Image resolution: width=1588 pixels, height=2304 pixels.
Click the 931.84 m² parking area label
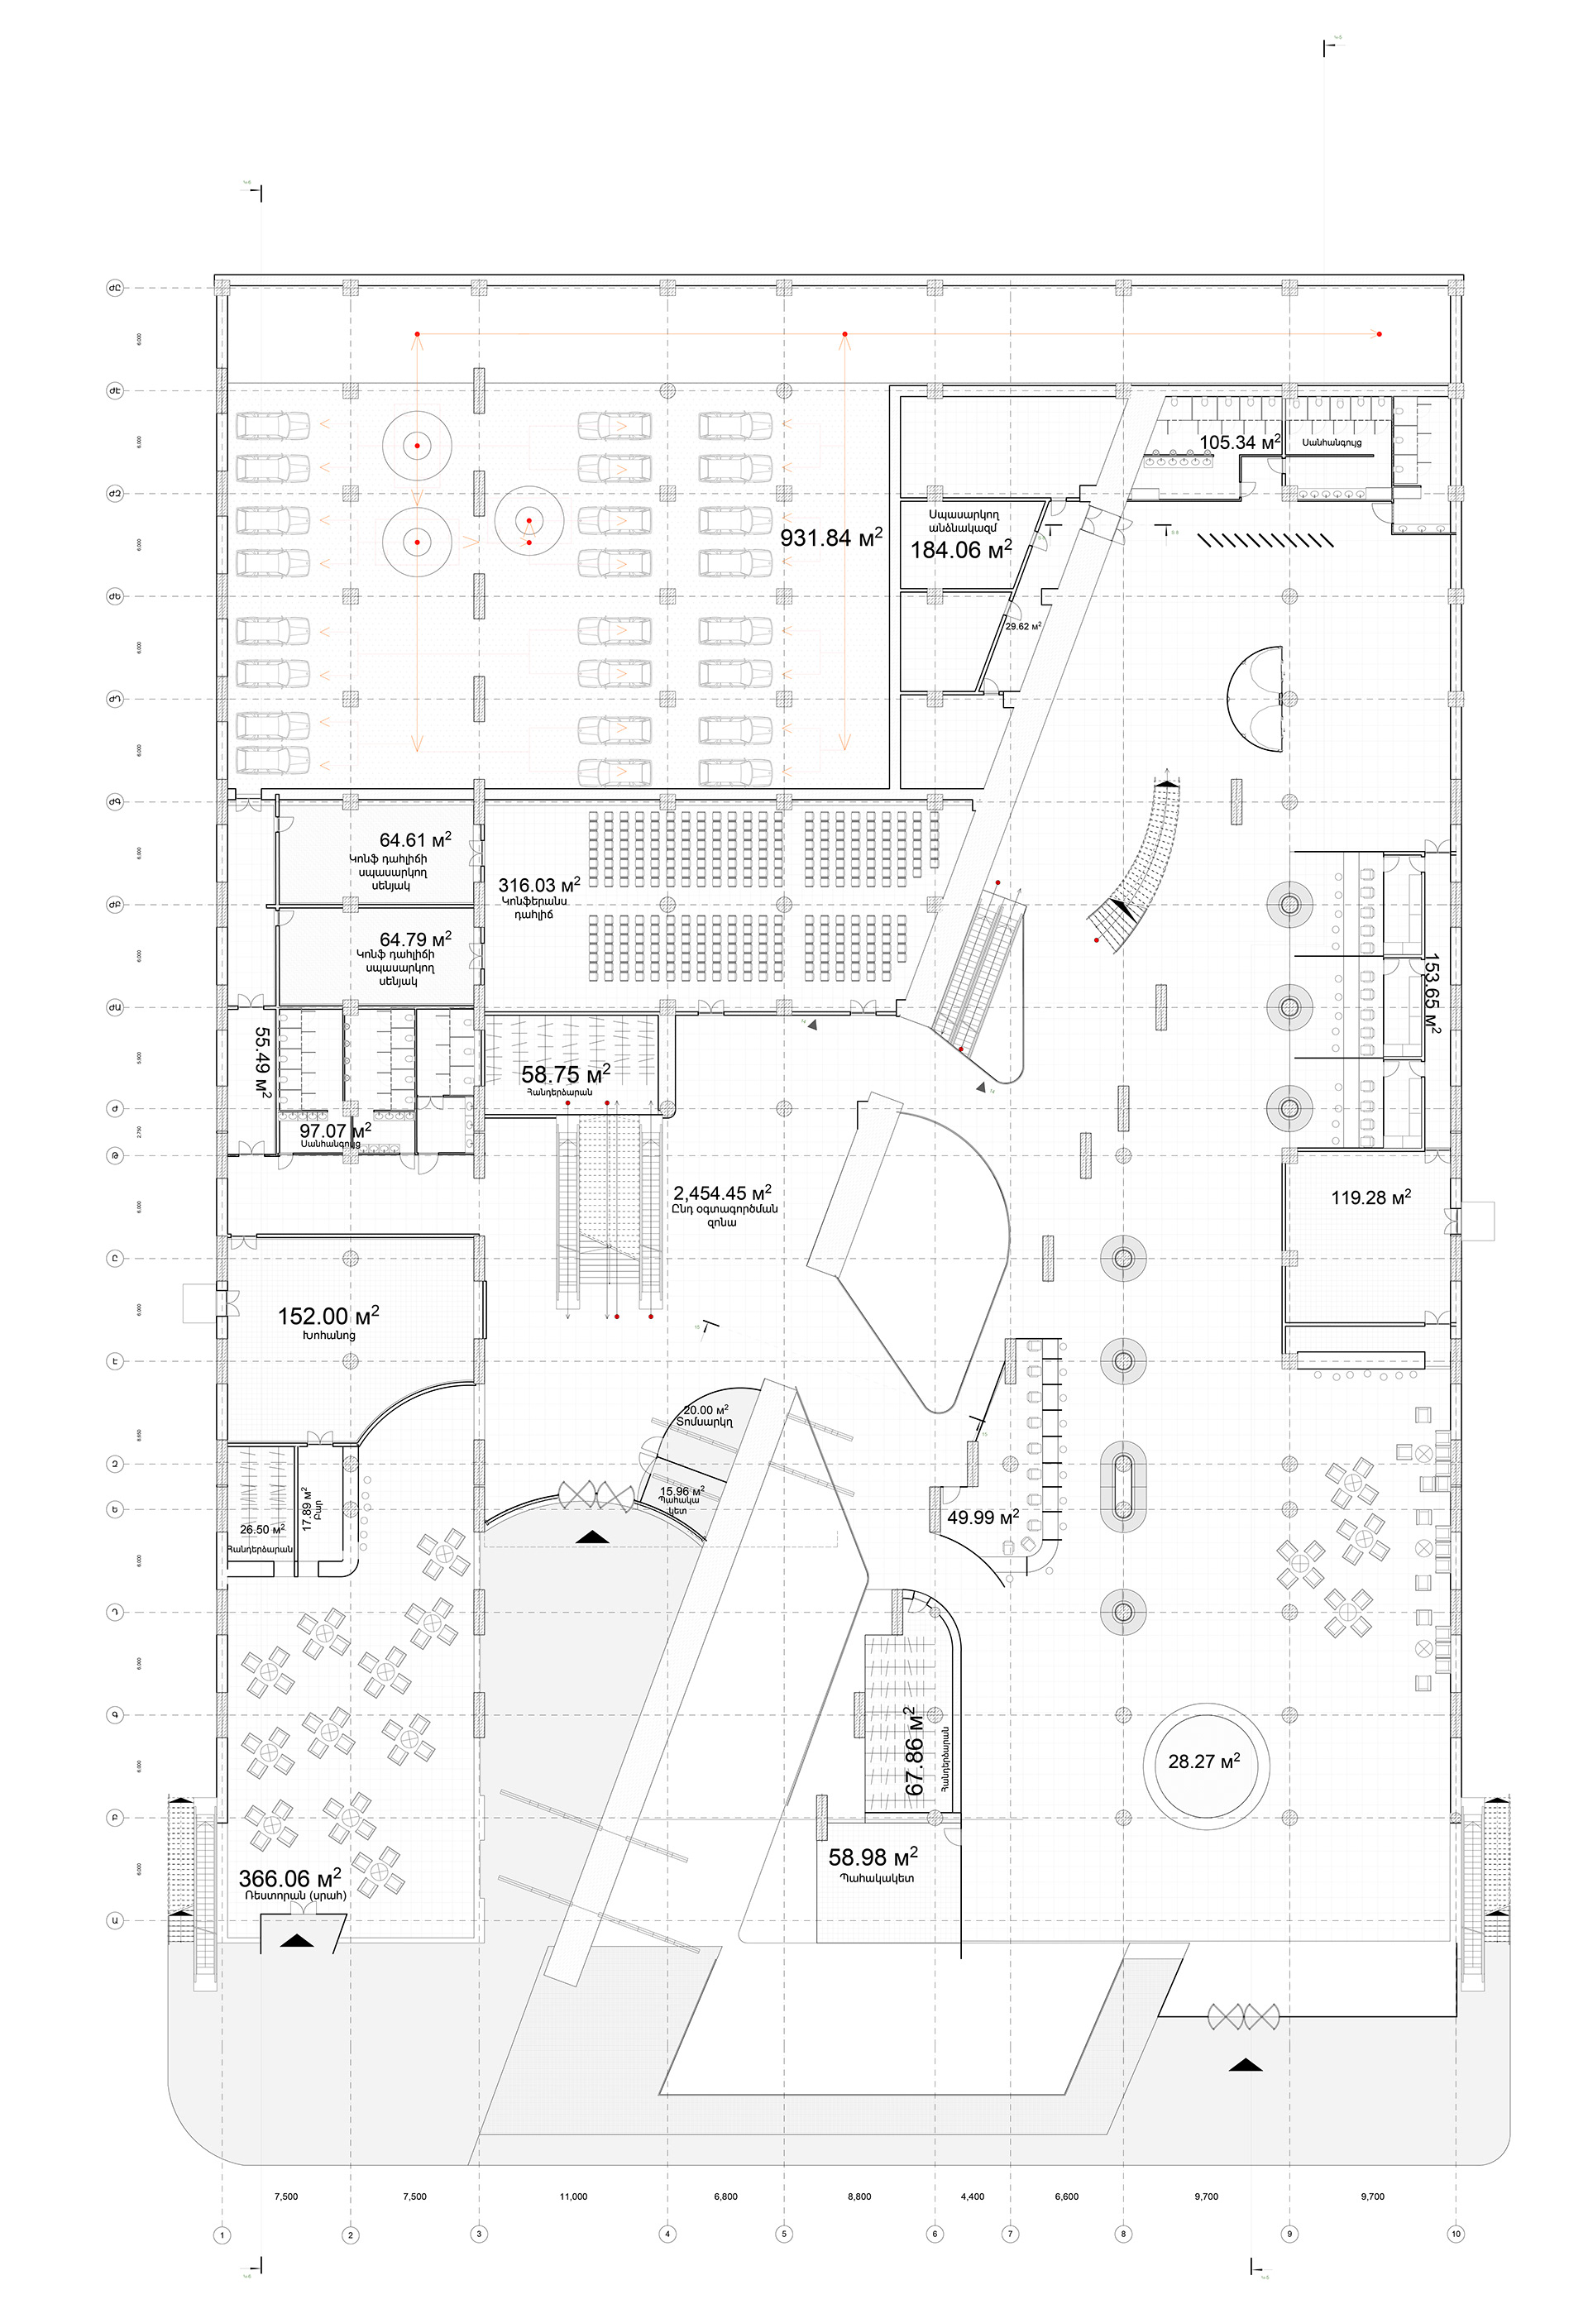(x=831, y=538)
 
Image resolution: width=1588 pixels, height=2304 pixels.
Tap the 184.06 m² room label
(x=960, y=549)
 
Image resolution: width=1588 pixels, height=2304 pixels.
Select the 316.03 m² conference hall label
(x=538, y=886)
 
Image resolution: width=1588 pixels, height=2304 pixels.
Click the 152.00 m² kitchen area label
(x=328, y=1317)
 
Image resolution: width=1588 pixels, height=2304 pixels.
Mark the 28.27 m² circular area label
(x=1204, y=1761)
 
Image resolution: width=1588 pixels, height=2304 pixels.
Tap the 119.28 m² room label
(x=1370, y=1197)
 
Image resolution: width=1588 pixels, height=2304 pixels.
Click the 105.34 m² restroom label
(x=1238, y=442)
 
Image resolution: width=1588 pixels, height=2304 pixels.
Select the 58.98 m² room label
(x=873, y=1857)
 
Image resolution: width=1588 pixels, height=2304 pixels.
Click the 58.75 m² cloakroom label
(x=565, y=1074)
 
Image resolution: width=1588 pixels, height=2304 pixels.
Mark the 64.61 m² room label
(x=415, y=840)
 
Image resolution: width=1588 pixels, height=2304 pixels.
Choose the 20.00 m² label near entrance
(x=706, y=1411)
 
